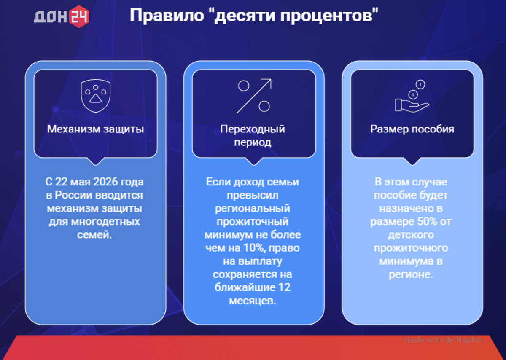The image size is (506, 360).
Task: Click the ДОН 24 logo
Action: (62, 16)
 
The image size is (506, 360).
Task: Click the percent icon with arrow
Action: (254, 96)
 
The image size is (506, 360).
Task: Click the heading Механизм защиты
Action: (95, 129)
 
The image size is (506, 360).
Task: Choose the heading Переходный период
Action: (253, 135)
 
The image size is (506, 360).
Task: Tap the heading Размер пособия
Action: (412, 129)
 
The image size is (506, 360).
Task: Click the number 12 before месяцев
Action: (284, 288)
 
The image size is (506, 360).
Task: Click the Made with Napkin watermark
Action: (443, 340)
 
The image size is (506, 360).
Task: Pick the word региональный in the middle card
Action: (253, 208)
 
